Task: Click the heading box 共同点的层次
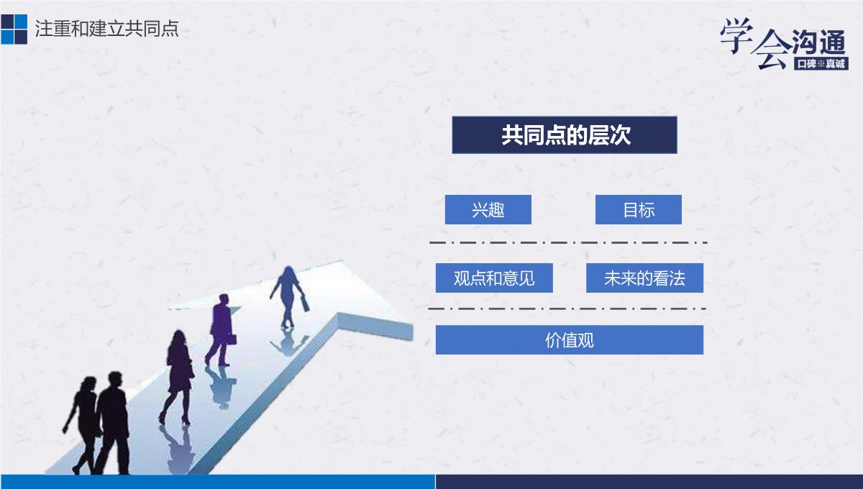tap(565, 135)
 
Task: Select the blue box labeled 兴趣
tap(488, 210)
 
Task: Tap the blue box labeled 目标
tap(639, 210)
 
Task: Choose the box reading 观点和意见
tap(494, 278)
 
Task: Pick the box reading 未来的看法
tap(644, 278)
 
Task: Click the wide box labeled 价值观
tap(570, 340)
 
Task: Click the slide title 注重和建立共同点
tap(106, 29)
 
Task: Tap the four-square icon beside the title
tap(14, 29)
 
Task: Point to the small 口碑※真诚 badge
tap(821, 63)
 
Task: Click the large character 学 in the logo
tap(736, 35)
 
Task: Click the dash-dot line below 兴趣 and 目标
tap(568, 243)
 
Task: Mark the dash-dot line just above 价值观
tap(567, 309)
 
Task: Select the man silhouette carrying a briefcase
tap(220, 329)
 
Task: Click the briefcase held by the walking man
tap(231, 339)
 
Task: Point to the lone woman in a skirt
tap(178, 375)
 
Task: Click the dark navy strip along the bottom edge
tap(649, 482)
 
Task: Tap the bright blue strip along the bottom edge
tap(218, 482)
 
